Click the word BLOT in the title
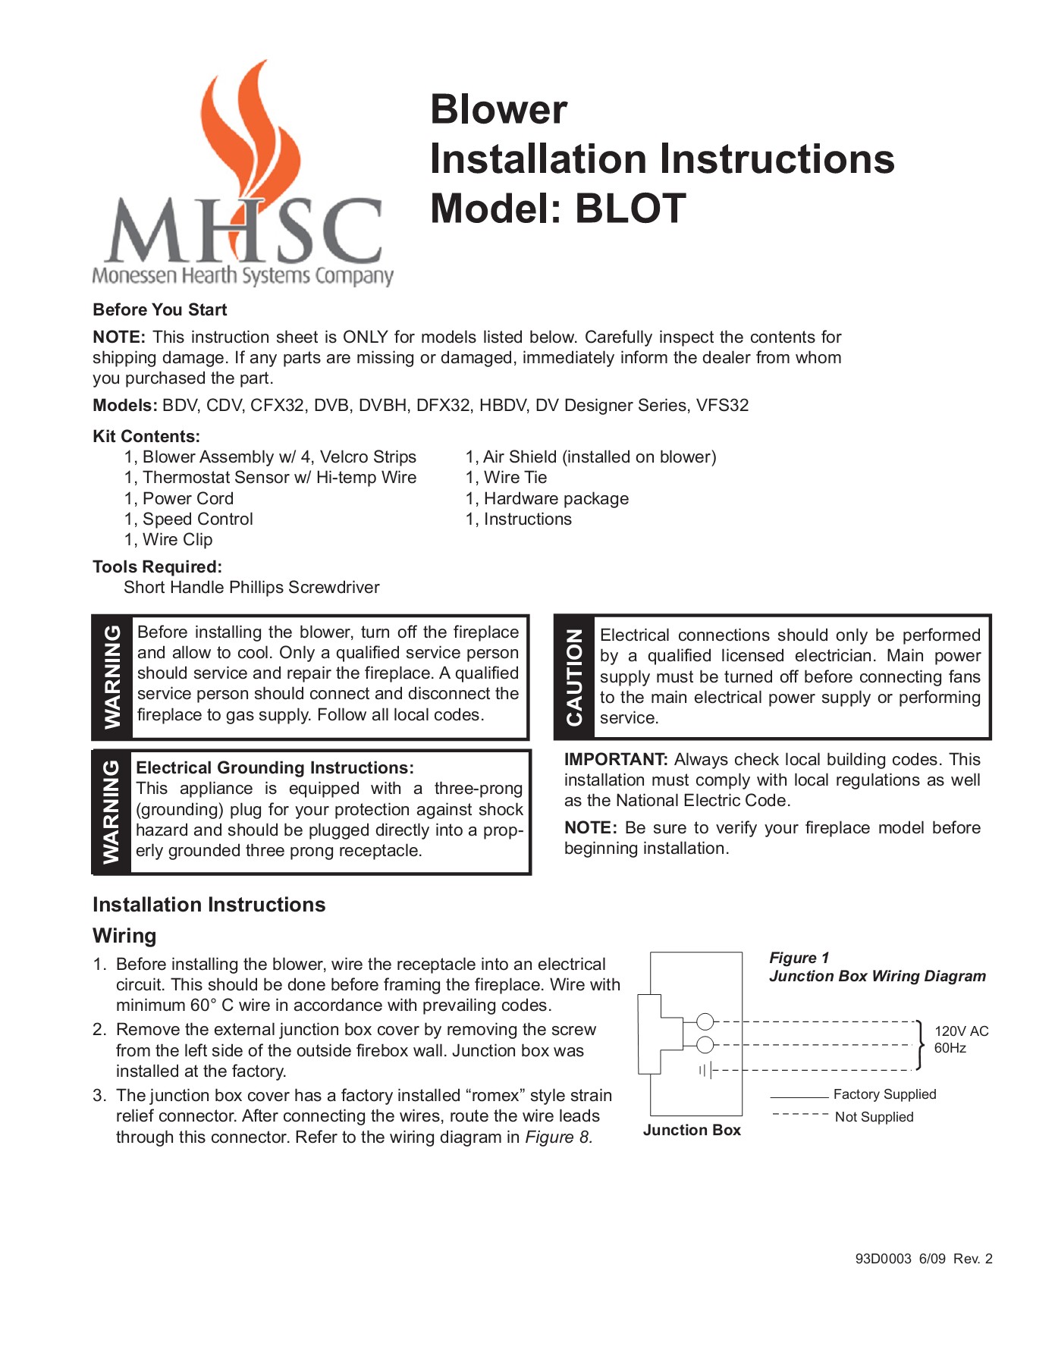(x=630, y=209)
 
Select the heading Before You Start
(x=159, y=309)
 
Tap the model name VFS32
(x=722, y=405)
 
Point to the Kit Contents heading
(x=146, y=436)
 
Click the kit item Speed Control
(x=197, y=519)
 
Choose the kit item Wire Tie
(x=515, y=477)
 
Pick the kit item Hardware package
(x=556, y=498)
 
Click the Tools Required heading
(x=157, y=566)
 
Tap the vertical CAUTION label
(x=574, y=677)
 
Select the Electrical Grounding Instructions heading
(x=275, y=767)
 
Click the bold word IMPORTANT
(x=616, y=759)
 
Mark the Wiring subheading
(x=124, y=935)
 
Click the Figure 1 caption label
(x=799, y=957)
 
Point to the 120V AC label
(x=961, y=1031)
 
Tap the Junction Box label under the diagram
(x=692, y=1130)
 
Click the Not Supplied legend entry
(x=874, y=1117)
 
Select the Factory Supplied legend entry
(x=884, y=1094)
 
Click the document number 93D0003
(x=883, y=1259)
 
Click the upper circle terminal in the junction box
(x=705, y=1021)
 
